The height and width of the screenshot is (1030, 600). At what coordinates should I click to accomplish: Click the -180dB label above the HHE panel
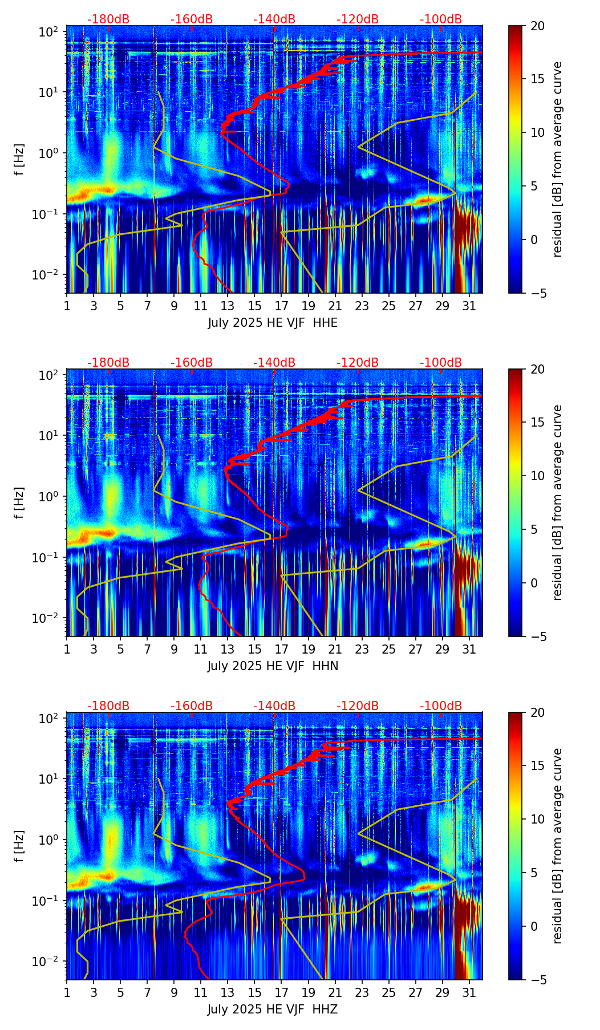tap(108, 19)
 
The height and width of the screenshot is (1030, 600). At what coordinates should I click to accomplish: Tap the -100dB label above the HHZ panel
tap(441, 706)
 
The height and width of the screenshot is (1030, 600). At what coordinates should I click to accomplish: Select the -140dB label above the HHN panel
tap(274, 363)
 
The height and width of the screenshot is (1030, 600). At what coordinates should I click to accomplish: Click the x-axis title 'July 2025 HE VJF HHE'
tap(273, 323)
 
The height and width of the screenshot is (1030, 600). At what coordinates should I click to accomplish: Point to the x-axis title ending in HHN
tap(273, 666)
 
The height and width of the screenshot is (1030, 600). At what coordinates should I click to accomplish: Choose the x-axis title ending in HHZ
tap(273, 1009)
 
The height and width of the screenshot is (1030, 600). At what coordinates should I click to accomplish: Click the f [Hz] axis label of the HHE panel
tap(20, 159)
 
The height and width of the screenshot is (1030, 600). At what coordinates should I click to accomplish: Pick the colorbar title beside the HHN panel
tap(557, 502)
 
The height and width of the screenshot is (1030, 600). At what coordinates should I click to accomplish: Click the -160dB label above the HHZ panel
tap(192, 706)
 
